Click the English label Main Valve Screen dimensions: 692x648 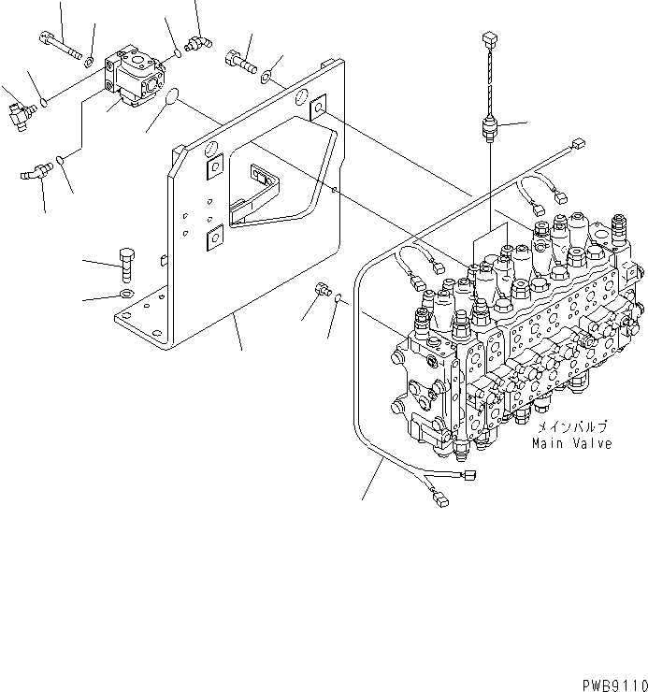coord(572,443)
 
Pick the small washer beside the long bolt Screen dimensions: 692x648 coord(89,62)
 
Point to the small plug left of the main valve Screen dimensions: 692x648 coord(320,292)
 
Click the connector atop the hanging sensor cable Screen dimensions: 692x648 coord(487,38)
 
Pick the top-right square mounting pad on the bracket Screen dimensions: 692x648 coord(319,109)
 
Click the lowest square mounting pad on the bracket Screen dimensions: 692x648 coord(214,238)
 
